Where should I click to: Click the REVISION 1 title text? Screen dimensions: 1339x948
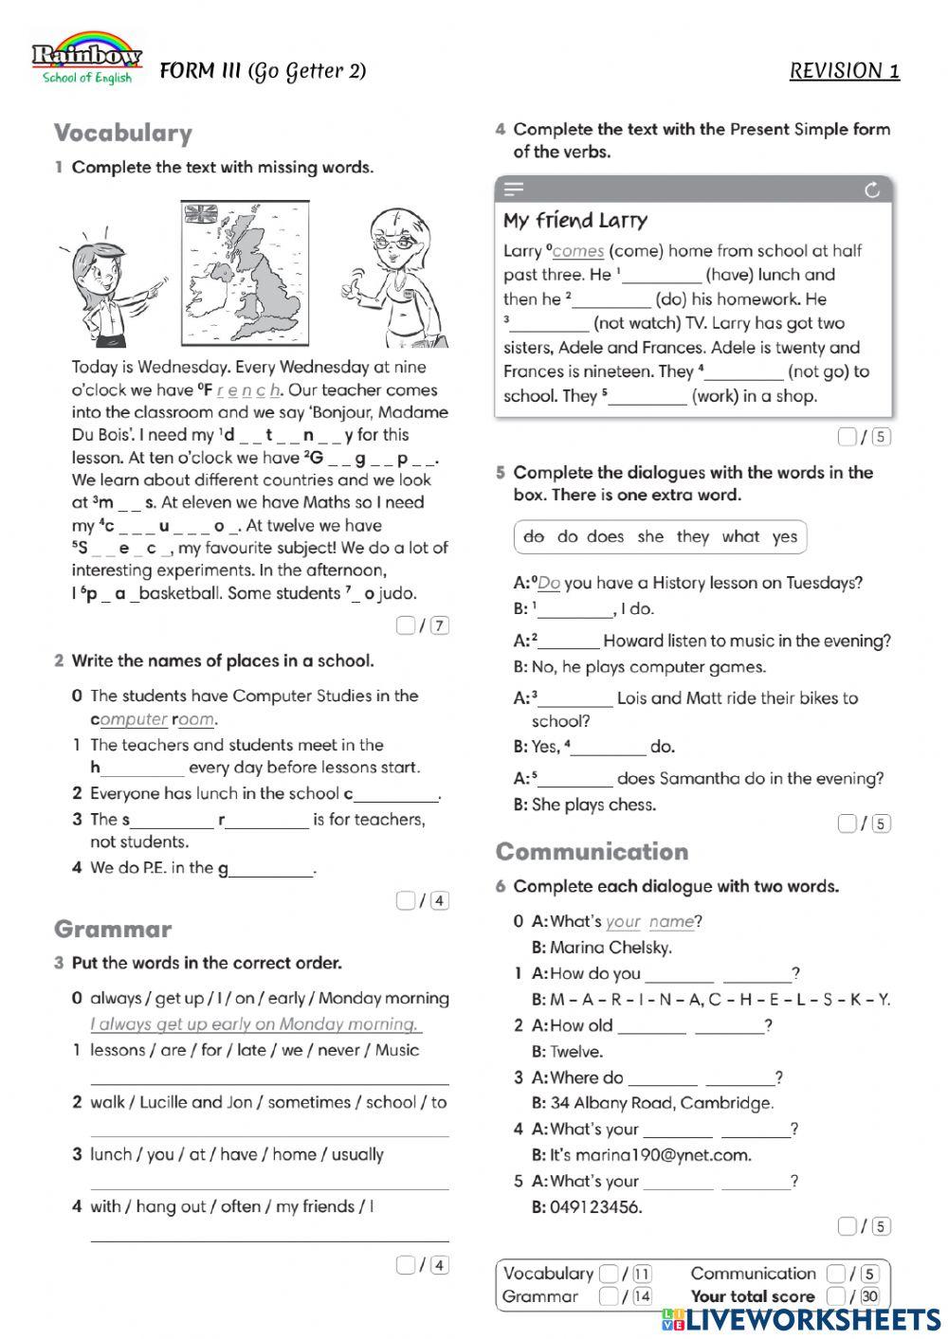click(x=844, y=71)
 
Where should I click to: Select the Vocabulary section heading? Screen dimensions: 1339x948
click(x=122, y=133)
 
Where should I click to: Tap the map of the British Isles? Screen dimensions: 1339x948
click(x=245, y=274)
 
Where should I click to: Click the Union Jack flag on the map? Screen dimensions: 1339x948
click(x=200, y=214)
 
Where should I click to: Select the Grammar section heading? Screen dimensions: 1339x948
click(x=113, y=929)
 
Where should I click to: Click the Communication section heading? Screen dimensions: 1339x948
click(x=592, y=851)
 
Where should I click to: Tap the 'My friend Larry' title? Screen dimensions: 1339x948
click(x=574, y=221)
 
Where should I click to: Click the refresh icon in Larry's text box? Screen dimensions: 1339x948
click(x=872, y=190)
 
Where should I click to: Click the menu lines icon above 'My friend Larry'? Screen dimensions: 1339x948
click(x=514, y=190)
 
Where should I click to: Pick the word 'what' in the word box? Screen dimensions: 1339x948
click(x=740, y=536)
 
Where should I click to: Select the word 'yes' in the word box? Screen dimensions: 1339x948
click(x=784, y=536)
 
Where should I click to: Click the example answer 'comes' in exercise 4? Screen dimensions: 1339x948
click(x=577, y=251)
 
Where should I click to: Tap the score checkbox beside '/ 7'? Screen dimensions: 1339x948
click(x=406, y=624)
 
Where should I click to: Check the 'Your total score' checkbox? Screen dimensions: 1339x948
click(x=835, y=1295)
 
